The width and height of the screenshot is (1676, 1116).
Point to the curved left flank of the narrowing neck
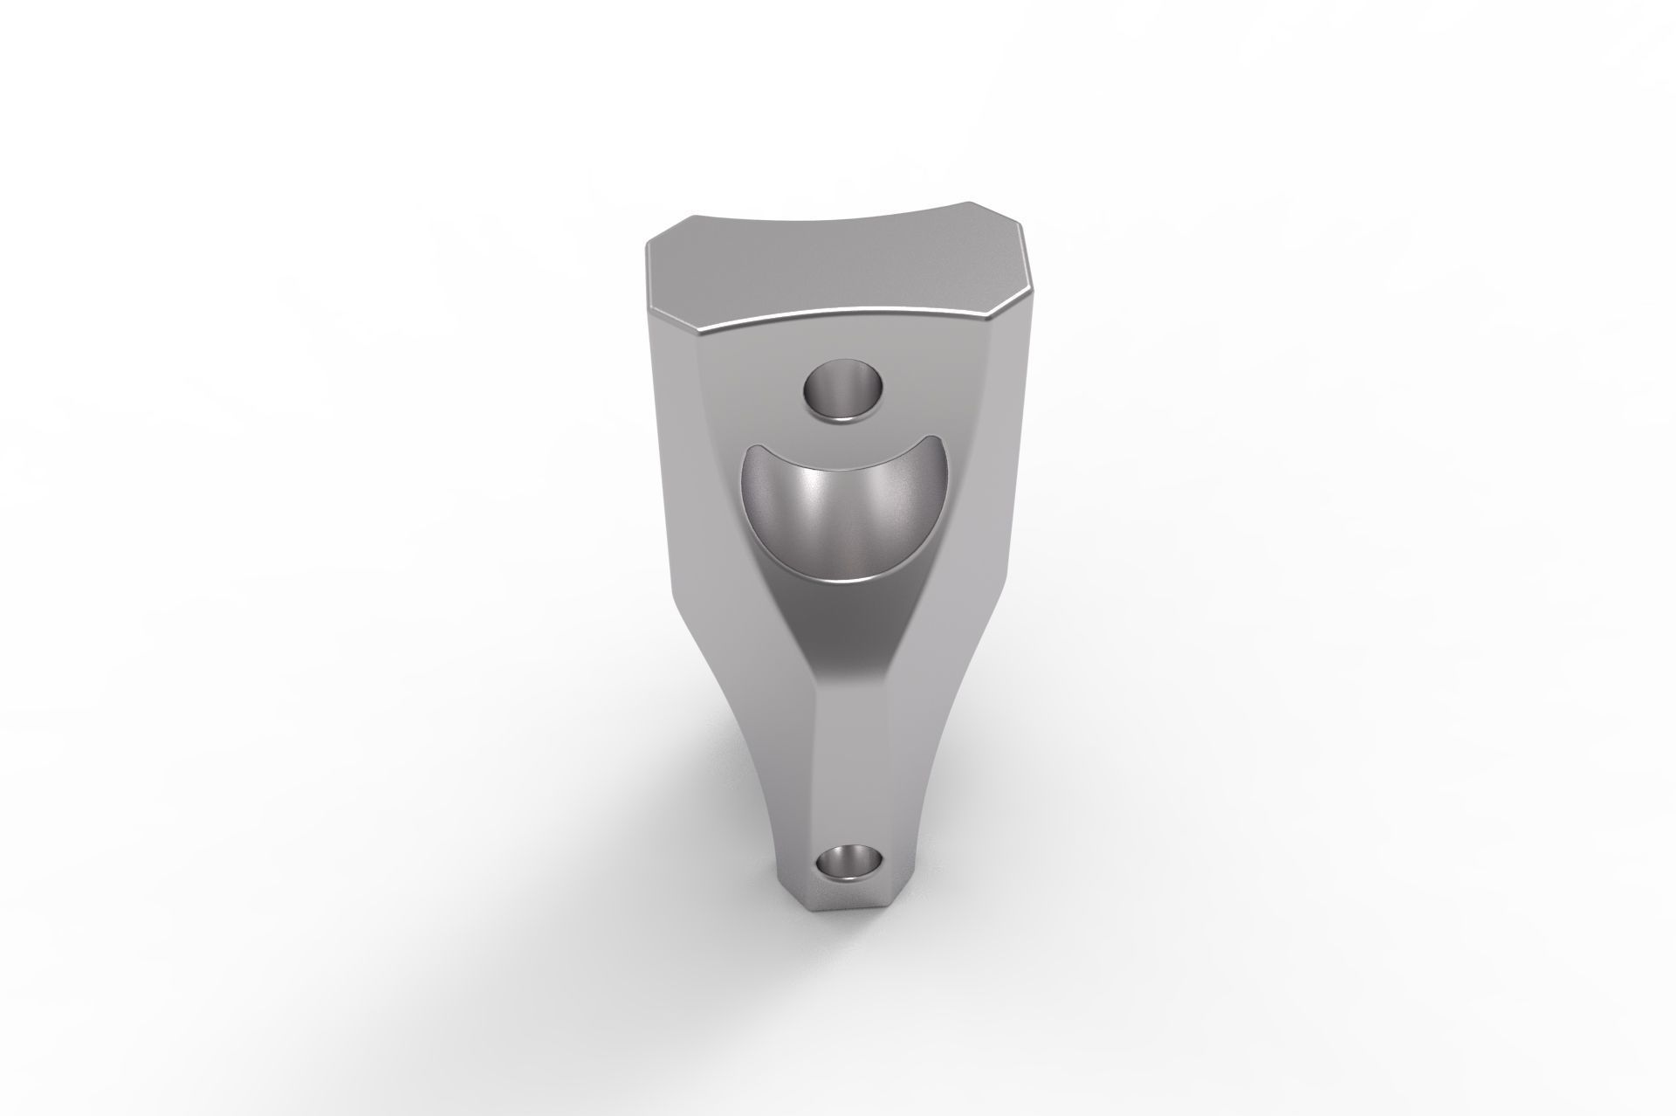[x=751, y=742]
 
